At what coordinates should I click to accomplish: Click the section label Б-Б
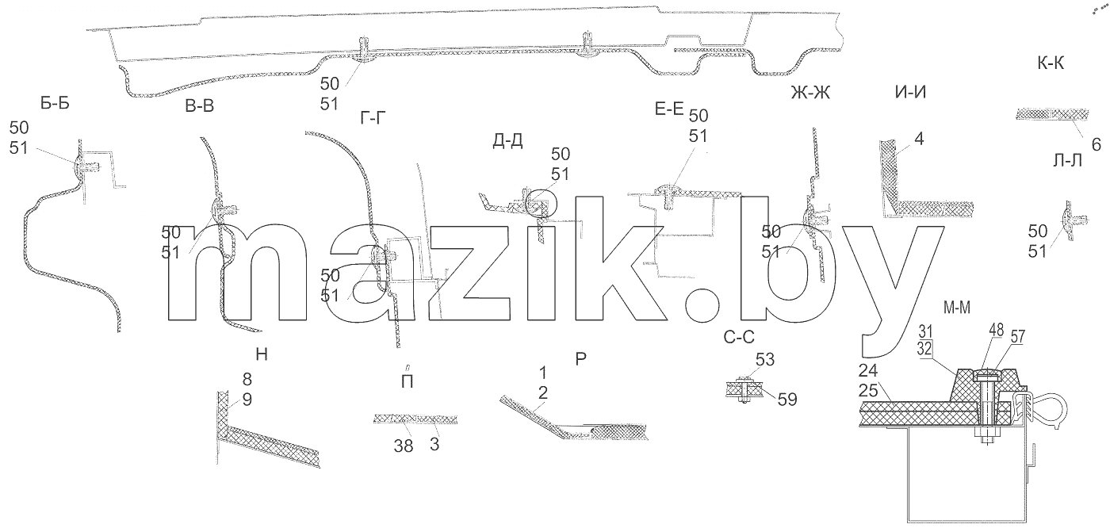55,103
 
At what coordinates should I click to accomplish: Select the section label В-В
200,106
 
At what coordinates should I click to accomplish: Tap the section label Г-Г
373,118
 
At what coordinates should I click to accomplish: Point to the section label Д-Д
508,141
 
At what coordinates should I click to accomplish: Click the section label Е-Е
669,109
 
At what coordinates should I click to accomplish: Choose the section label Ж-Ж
810,92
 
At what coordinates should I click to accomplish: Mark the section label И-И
911,92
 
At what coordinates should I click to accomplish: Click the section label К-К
1051,63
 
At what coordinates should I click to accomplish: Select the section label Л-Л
1067,161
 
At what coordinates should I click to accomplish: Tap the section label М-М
957,308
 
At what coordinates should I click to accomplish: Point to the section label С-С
739,337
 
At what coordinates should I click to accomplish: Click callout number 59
787,400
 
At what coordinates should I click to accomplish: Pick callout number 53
765,360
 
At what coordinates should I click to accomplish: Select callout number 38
404,446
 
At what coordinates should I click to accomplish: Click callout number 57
1018,337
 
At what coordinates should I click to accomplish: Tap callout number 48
997,330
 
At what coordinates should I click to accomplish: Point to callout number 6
1096,144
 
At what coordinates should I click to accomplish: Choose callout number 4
919,140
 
